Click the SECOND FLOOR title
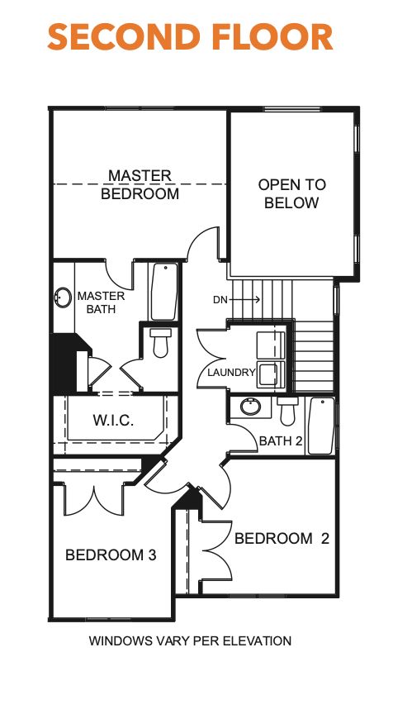tap(190, 38)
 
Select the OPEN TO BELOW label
tap(291, 193)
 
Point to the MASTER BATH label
tap(101, 302)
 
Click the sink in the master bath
tap(63, 297)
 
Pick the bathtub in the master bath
tap(163, 291)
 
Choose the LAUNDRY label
tap(231, 373)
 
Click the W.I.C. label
tap(112, 421)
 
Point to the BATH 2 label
tap(281, 441)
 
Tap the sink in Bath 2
tap(248, 407)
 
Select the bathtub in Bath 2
tap(321, 425)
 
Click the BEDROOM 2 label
tap(282, 539)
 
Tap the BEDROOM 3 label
tap(111, 555)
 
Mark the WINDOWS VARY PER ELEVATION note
tap(190, 640)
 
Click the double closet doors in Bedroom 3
tap(93, 496)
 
